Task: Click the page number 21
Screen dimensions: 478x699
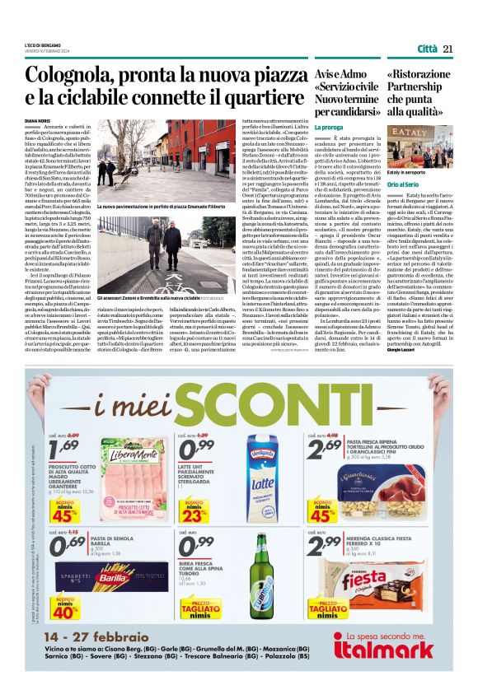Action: point(448,48)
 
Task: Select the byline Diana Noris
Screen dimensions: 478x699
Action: point(49,119)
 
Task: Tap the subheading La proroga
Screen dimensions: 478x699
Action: point(329,128)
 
